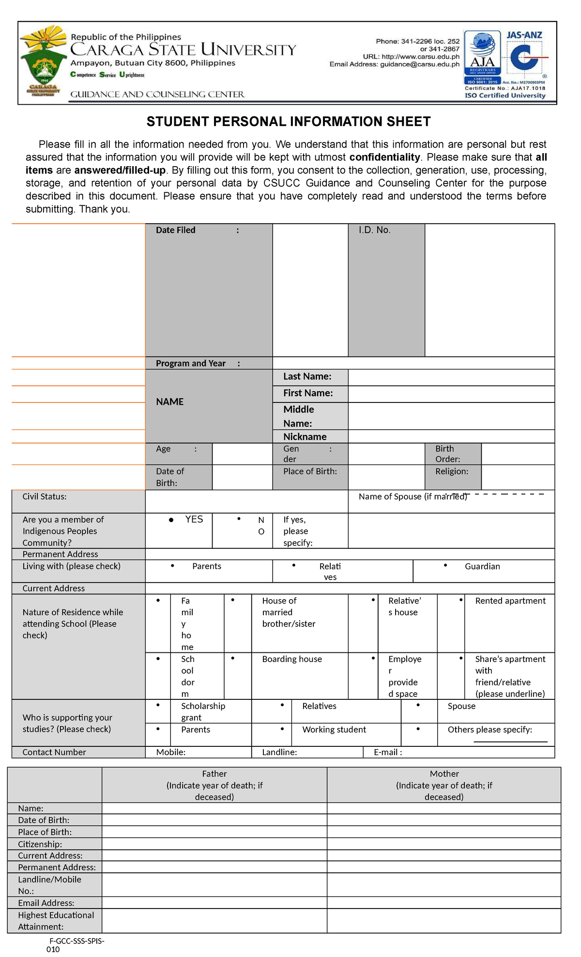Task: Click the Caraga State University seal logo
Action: click(43, 62)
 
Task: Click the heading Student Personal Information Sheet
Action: click(289, 122)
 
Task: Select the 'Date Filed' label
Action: click(176, 230)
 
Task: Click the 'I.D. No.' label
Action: click(374, 230)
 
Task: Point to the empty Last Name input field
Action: click(451, 377)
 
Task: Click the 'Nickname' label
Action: click(305, 436)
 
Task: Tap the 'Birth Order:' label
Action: click(447, 454)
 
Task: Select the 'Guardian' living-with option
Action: click(482, 566)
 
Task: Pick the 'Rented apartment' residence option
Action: click(510, 601)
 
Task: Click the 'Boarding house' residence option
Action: click(291, 659)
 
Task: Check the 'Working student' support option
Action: click(334, 729)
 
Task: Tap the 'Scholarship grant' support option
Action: click(203, 711)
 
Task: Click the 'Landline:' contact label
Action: click(279, 752)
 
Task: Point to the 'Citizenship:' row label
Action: click(40, 844)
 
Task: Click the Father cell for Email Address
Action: click(214, 903)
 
